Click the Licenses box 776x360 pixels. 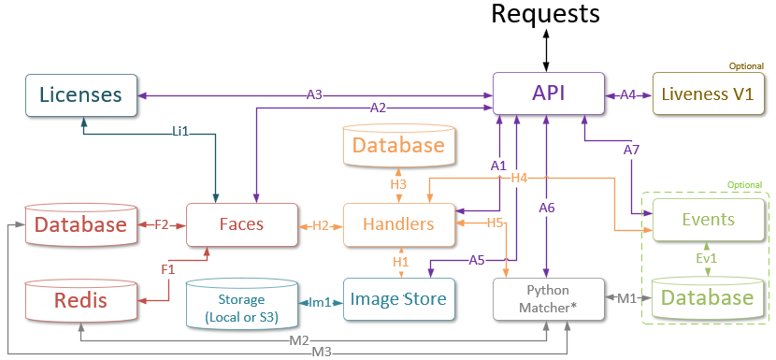(x=80, y=94)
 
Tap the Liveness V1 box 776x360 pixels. (x=706, y=94)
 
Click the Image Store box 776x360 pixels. (x=399, y=299)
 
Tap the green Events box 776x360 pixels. (x=707, y=221)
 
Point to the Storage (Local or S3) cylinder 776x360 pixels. (x=240, y=300)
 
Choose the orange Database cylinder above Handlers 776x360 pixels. (x=399, y=146)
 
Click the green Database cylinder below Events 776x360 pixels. (x=707, y=298)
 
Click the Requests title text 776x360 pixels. (x=545, y=14)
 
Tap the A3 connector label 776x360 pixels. (x=315, y=94)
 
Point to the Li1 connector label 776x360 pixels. (x=180, y=132)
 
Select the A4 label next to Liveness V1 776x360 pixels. (x=627, y=94)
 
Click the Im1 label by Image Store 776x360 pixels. (x=321, y=301)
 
